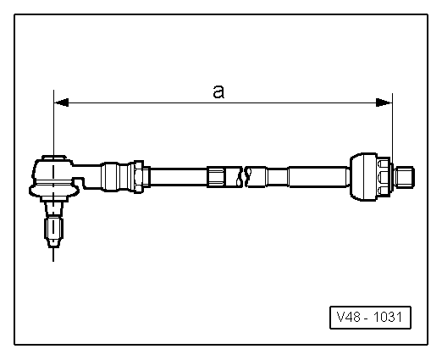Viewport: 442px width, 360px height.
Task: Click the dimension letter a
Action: point(218,91)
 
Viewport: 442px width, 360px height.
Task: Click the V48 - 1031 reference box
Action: point(369,318)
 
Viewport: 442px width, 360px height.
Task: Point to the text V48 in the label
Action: point(348,318)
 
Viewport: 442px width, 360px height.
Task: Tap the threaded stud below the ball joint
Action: point(52,229)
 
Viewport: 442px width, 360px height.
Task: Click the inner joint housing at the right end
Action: point(363,175)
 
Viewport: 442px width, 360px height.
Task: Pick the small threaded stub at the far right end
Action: point(406,177)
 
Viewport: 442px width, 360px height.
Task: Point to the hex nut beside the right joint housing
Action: point(385,176)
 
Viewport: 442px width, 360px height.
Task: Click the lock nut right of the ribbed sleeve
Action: point(146,177)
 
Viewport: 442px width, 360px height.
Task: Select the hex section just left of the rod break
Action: point(218,177)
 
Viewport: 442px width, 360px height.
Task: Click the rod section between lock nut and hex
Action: point(179,177)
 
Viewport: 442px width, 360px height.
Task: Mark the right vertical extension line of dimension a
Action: point(392,127)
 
